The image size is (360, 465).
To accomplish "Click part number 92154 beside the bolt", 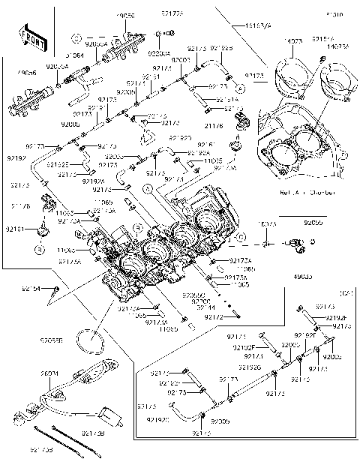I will click(x=31, y=287).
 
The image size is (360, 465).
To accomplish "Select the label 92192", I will click(x=16, y=159).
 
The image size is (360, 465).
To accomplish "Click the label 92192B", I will click(x=221, y=48).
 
